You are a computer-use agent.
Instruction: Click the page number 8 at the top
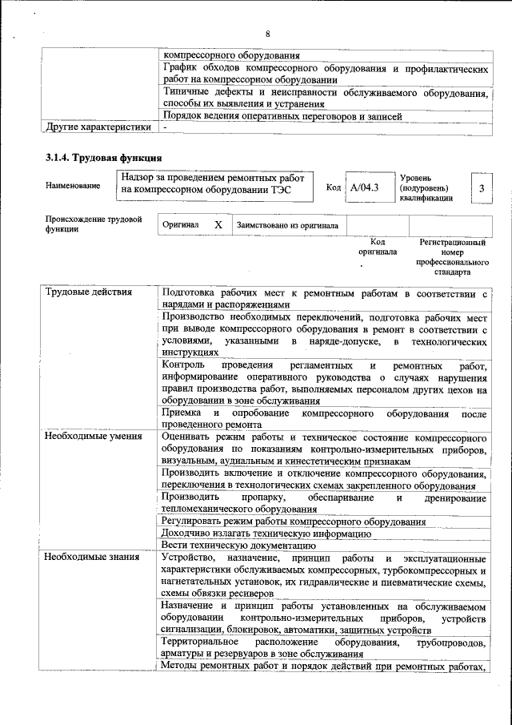click(x=268, y=34)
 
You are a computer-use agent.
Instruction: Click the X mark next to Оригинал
click(x=218, y=226)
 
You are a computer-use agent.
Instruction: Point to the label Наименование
click(x=73, y=186)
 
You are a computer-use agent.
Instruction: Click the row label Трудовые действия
click(x=89, y=292)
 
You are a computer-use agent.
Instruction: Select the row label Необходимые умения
click(x=94, y=437)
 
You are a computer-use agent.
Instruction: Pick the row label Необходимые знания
click(x=92, y=558)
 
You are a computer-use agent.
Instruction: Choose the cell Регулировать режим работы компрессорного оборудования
click(x=293, y=521)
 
